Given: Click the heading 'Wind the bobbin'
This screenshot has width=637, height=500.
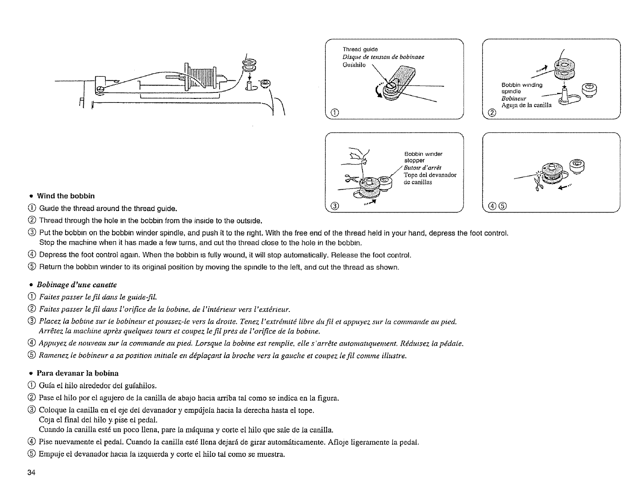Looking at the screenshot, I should tap(66, 196).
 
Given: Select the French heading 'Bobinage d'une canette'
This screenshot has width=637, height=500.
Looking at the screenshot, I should tap(76, 285).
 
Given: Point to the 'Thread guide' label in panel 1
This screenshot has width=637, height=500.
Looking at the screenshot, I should tap(359, 50).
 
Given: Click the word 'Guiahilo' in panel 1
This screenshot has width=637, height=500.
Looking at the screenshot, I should tap(354, 65).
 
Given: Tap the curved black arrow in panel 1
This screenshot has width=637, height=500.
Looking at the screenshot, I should tap(379, 92).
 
